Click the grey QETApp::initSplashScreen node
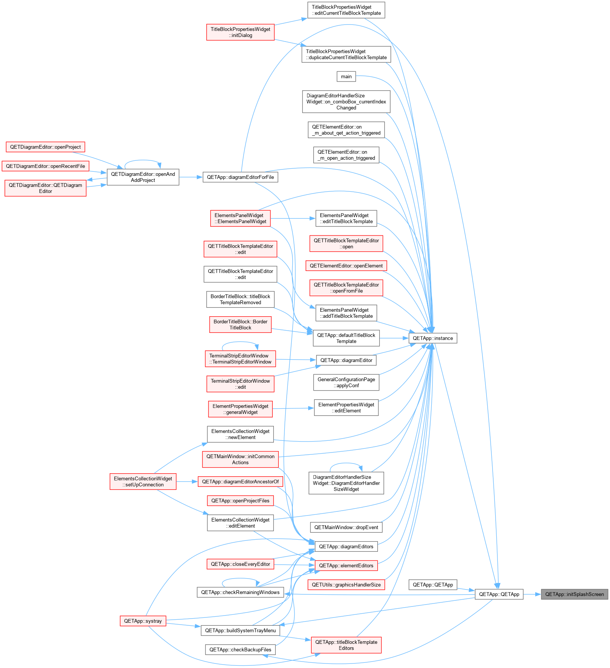[x=574, y=594]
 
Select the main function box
[x=346, y=77]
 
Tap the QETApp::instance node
[x=433, y=338]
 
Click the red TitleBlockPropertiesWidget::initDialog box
[x=240, y=32]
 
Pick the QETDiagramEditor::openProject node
[x=45, y=147]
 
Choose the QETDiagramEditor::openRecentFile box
[x=45, y=166]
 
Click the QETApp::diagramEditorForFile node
[x=240, y=177]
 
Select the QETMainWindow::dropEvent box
[x=346, y=527]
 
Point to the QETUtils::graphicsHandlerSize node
[x=346, y=585]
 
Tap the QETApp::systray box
[x=143, y=621]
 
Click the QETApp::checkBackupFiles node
[x=240, y=650]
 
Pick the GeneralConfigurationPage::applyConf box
[x=346, y=382]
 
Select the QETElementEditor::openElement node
[x=346, y=266]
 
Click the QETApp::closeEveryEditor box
[x=240, y=564]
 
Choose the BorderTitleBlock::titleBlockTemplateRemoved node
[x=240, y=299]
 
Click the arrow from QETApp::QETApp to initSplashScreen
[x=532, y=594]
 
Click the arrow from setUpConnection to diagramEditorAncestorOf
[x=187, y=482]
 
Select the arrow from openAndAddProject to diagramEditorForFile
[x=191, y=177]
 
